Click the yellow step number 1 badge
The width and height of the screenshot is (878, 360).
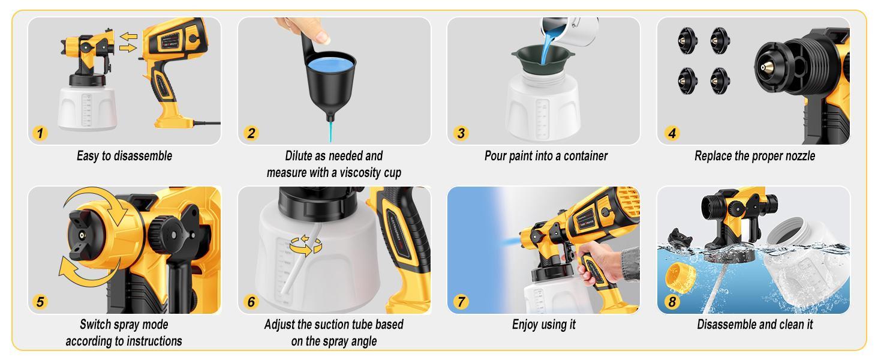(40, 133)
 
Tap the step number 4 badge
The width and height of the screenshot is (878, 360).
(670, 133)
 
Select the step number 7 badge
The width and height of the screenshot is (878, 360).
(460, 302)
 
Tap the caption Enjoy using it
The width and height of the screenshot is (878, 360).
(543, 325)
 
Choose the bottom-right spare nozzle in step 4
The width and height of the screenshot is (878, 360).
(718, 77)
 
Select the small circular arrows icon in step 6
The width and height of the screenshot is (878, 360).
(305, 245)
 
